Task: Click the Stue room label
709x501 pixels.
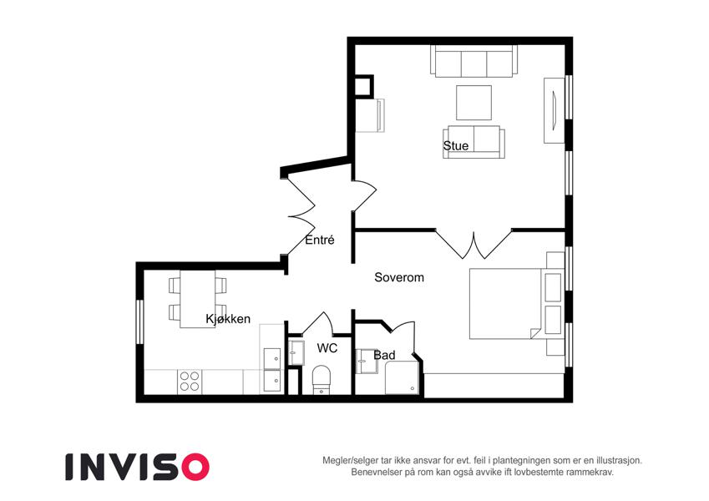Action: click(455, 145)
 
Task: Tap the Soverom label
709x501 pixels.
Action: click(399, 277)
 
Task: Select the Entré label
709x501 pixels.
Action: click(320, 240)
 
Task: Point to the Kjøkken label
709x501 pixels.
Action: click(228, 319)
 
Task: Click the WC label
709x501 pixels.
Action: click(327, 348)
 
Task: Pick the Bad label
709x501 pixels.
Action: click(384, 356)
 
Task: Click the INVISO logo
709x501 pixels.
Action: click(138, 467)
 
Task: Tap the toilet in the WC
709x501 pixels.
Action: click(322, 380)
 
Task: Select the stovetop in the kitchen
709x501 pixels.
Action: click(190, 381)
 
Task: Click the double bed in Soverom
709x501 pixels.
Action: click(505, 304)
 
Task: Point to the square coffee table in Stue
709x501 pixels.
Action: click(474, 103)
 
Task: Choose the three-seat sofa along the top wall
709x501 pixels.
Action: click(474, 61)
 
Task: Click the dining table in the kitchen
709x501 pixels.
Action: click(198, 299)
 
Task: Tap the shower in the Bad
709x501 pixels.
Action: click(402, 377)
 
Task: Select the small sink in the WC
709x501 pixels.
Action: click(296, 352)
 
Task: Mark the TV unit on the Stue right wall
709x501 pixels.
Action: click(554, 111)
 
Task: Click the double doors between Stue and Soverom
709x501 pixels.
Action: click(474, 244)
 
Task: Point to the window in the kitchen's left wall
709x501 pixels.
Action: click(139, 321)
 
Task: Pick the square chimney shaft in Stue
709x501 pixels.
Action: click(364, 86)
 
